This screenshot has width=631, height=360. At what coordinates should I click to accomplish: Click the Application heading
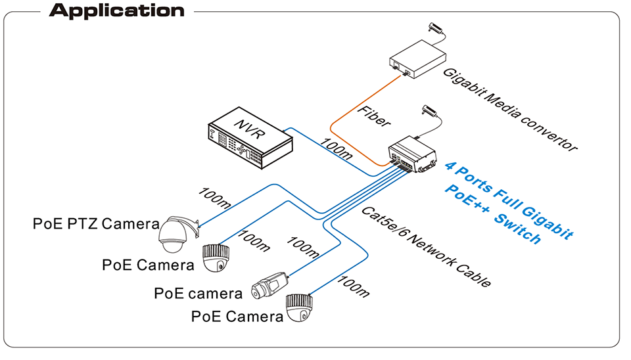tap(117, 11)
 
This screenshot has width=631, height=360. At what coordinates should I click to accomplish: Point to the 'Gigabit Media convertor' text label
tap(509, 109)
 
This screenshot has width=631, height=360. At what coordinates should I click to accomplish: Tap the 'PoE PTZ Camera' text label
tap(96, 224)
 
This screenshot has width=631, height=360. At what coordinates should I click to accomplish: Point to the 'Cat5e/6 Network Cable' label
tap(426, 246)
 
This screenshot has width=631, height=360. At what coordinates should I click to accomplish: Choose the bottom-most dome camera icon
tap(299, 309)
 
